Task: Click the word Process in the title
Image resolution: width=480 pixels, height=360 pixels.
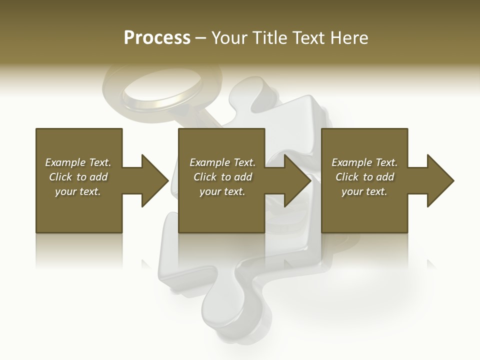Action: (x=157, y=38)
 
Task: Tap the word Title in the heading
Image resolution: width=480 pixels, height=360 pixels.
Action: (x=268, y=38)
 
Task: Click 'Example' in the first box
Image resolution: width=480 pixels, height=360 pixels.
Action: (x=65, y=162)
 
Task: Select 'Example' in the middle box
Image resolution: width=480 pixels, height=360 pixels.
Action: (x=209, y=162)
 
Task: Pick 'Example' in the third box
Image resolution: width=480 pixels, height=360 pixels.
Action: (x=351, y=162)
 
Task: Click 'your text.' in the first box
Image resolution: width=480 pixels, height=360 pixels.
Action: (x=78, y=191)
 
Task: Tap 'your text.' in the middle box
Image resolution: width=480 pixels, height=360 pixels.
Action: (x=222, y=191)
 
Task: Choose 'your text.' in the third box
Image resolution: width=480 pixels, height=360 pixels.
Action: (x=364, y=191)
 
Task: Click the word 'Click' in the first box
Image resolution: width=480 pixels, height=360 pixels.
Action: (x=60, y=177)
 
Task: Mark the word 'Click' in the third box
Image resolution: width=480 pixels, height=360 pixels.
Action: (x=347, y=177)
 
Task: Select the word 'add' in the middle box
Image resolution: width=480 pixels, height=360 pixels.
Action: (x=242, y=177)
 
